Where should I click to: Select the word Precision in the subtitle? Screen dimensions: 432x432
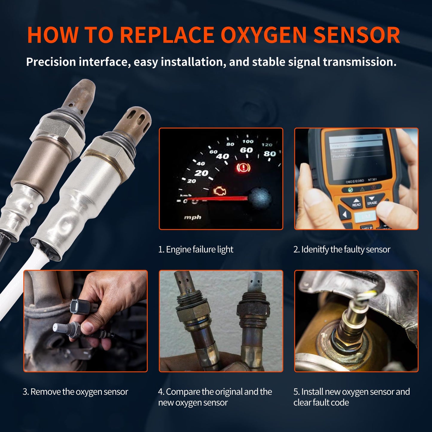pyautogui.click(x=51, y=62)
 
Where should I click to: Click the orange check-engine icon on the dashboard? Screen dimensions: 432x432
pyautogui.click(x=220, y=191)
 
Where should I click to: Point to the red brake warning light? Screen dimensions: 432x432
pyautogui.click(x=243, y=168)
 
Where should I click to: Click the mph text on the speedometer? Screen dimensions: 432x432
pyautogui.click(x=193, y=217)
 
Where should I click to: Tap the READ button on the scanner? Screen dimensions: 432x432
pyautogui.click(x=356, y=202)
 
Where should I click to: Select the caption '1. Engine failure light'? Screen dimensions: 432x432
pyautogui.click(x=196, y=249)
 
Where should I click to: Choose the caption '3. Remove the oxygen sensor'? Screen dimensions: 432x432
pyautogui.click(x=75, y=392)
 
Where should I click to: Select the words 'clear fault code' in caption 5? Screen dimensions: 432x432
pyautogui.click(x=321, y=402)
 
